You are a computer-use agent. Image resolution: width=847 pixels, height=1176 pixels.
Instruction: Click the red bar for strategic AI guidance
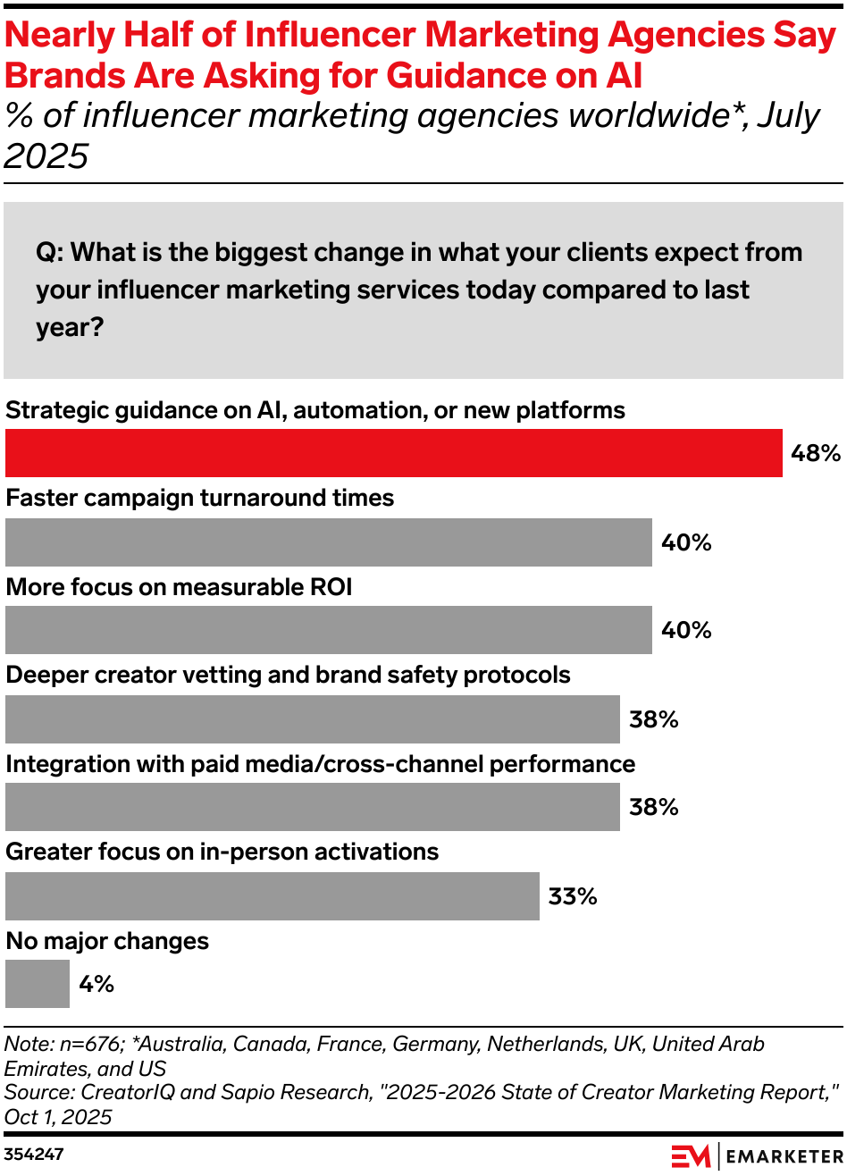393,453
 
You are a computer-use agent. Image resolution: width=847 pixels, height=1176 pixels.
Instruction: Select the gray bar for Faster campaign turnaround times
328,542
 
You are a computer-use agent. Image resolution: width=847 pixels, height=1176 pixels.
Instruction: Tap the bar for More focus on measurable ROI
328,630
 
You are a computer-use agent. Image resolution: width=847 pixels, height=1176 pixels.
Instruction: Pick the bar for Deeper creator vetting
312,719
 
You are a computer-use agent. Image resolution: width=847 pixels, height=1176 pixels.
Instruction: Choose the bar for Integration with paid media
312,807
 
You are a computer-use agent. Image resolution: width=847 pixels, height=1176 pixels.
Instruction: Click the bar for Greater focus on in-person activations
272,896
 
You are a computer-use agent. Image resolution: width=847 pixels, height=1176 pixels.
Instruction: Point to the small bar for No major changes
37,984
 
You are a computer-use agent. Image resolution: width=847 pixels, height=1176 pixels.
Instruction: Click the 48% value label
815,453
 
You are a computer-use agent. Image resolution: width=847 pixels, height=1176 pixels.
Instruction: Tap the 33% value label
573,896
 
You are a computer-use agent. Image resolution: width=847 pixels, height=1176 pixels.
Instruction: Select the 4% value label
96,984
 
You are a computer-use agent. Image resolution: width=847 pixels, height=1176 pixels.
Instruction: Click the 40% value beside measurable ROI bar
686,630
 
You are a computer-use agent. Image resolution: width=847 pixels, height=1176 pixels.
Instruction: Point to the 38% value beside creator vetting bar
653,719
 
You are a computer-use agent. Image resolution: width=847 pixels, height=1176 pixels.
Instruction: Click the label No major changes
107,941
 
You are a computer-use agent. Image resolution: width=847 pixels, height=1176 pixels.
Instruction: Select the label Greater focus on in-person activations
222,852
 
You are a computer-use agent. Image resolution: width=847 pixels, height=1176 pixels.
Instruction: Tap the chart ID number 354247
33,1155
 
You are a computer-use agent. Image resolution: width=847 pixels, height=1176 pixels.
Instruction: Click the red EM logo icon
691,1155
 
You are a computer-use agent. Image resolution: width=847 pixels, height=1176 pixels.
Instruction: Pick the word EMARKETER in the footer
784,1156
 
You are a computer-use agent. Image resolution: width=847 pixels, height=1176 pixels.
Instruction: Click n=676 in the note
92,1044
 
